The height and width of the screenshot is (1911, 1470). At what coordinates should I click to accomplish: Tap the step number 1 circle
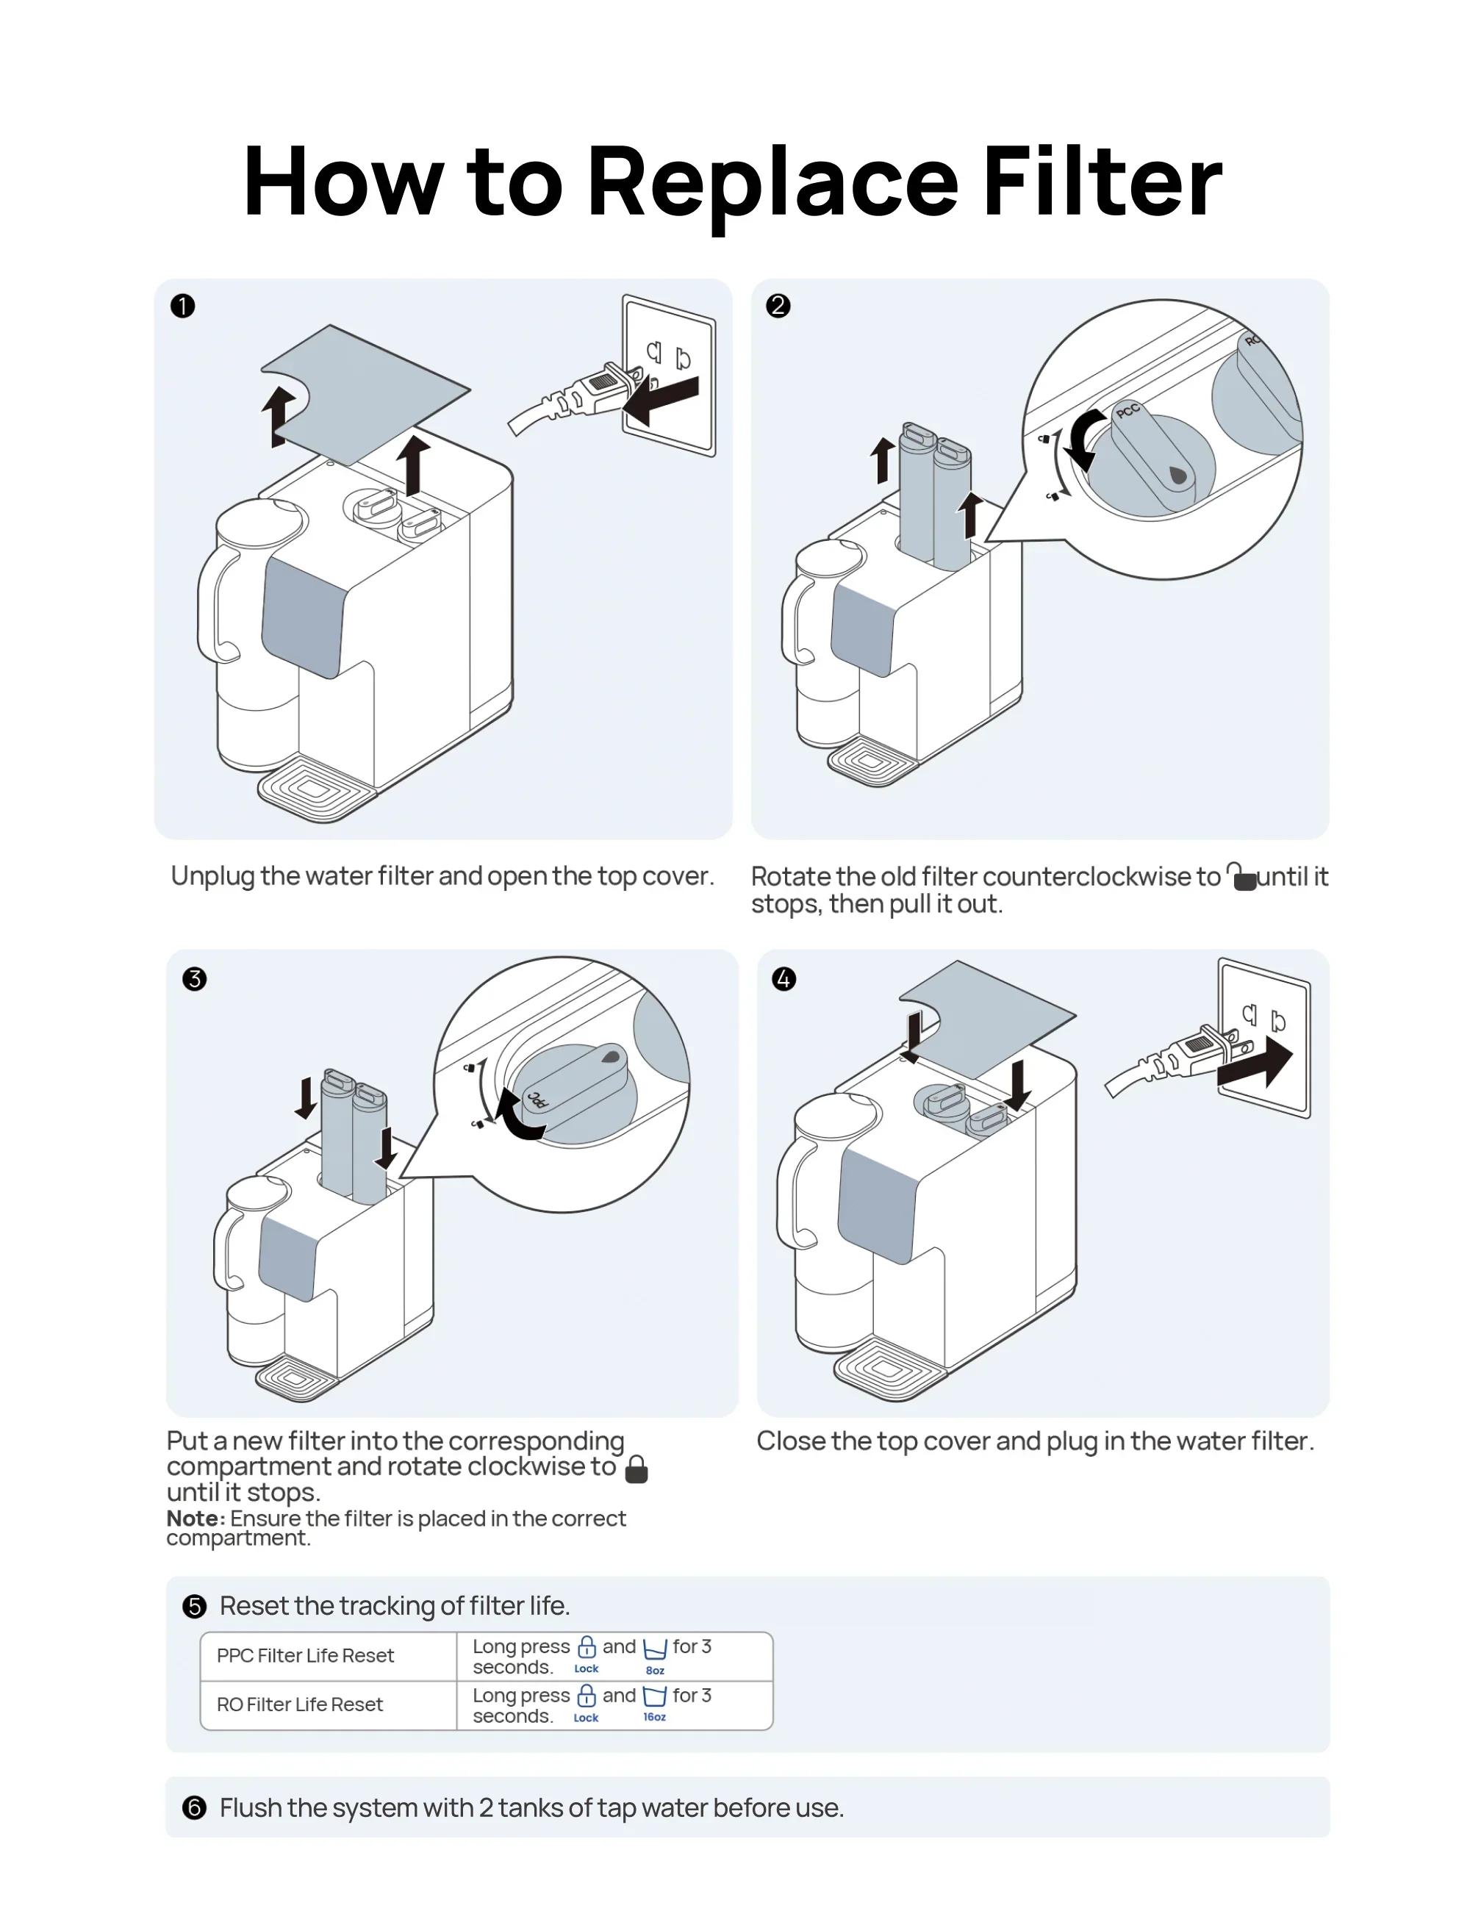tap(183, 306)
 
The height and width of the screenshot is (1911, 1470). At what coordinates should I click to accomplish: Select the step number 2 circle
tap(778, 306)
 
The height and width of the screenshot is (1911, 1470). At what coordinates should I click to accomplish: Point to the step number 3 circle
tap(194, 978)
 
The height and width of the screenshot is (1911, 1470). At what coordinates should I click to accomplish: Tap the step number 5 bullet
tap(194, 1607)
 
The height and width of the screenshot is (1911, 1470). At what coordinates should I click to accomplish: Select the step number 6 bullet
tap(194, 1808)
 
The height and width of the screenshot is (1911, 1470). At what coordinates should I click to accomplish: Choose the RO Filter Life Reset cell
tap(300, 1704)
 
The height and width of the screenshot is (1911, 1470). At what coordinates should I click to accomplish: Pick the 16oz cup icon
tap(654, 1698)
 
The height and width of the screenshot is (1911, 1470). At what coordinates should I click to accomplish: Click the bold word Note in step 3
tap(194, 1518)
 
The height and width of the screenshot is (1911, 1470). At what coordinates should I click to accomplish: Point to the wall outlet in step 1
tap(670, 375)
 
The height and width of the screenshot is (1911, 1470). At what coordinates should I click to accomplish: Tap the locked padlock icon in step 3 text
tap(637, 1469)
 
